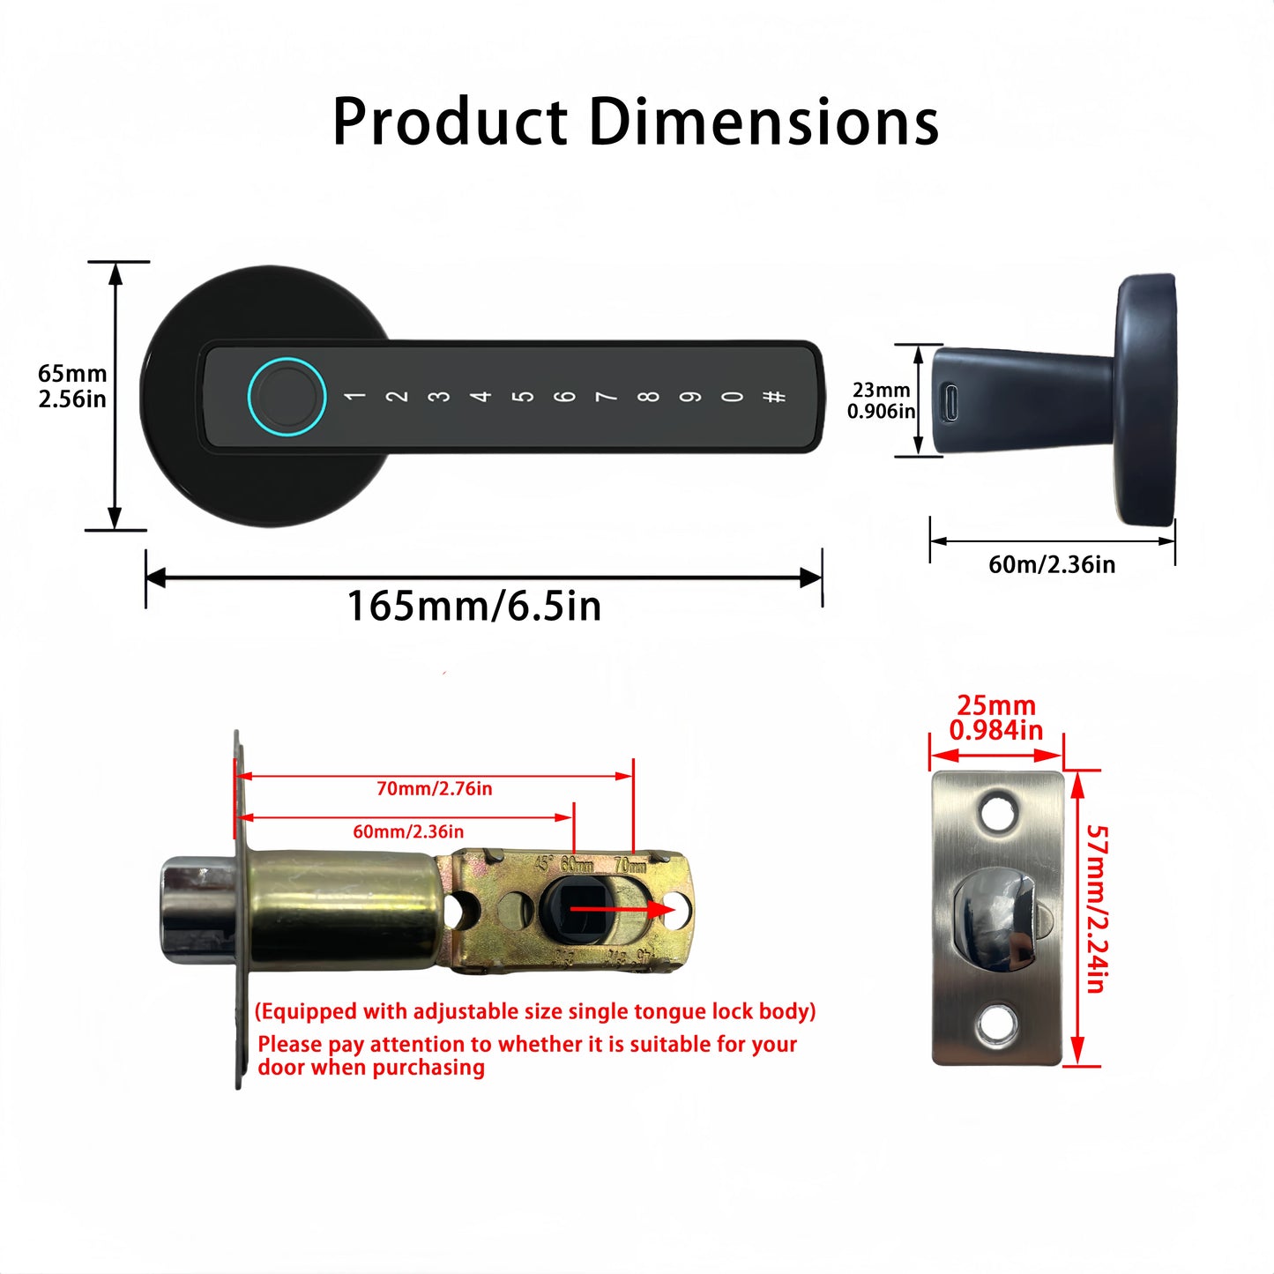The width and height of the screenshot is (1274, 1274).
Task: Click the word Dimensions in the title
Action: click(764, 122)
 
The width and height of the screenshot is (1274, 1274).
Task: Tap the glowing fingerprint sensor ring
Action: click(287, 396)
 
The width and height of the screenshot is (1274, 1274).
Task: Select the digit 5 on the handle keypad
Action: click(524, 397)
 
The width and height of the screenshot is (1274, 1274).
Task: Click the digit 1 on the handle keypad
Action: click(355, 397)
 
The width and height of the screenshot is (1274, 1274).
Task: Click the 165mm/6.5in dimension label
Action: click(474, 607)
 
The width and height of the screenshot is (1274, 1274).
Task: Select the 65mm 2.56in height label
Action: click(72, 386)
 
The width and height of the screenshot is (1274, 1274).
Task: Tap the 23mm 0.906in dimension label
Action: click(881, 400)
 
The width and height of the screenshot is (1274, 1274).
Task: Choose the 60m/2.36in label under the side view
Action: click(1052, 564)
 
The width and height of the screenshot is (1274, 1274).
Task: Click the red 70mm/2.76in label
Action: click(434, 788)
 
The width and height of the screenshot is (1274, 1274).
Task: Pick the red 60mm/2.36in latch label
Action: click(408, 831)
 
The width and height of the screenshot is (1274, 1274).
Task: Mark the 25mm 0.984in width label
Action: click(996, 718)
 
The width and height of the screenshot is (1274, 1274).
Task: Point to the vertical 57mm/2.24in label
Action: click(1096, 908)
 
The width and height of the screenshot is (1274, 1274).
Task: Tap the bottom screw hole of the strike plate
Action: click(997, 1024)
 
